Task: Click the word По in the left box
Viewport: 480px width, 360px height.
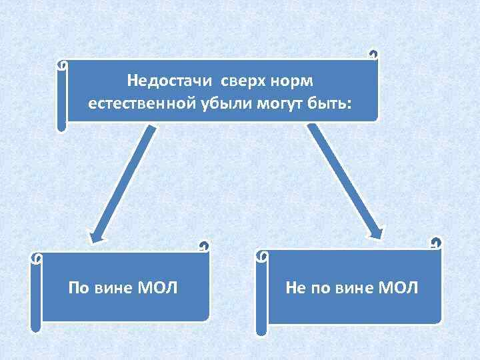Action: tap(78, 288)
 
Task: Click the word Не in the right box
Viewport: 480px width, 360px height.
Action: tap(295, 288)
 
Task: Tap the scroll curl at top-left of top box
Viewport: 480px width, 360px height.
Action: tap(61, 66)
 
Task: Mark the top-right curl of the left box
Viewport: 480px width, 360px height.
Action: tap(204, 247)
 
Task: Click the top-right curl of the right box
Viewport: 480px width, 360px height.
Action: tap(436, 243)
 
